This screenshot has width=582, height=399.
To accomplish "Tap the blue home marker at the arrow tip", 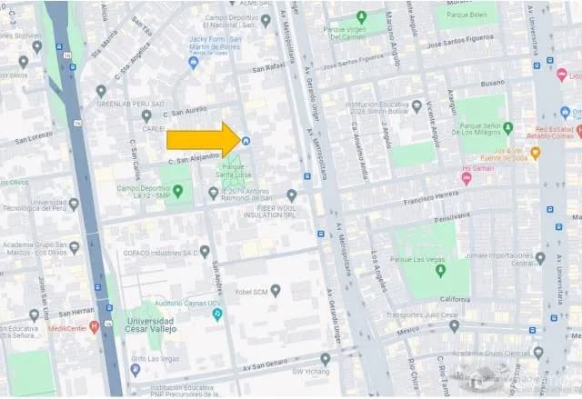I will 246,141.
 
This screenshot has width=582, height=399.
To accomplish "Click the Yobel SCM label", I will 254,292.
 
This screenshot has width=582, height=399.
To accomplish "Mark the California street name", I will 455,299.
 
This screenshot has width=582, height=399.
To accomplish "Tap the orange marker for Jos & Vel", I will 535,153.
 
